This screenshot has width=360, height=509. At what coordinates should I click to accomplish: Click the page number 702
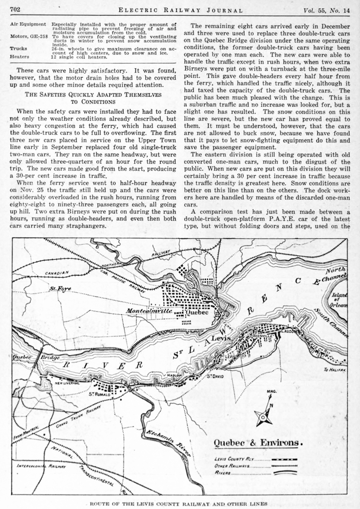(x=14, y=9)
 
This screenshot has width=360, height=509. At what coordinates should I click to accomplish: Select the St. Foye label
(x=60, y=288)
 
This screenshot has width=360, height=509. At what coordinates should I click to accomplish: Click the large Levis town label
(x=220, y=339)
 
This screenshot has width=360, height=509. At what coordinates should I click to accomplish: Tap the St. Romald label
(x=100, y=393)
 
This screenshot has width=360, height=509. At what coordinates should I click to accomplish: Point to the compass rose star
(x=263, y=417)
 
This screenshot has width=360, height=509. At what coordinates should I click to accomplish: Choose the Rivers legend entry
(x=223, y=473)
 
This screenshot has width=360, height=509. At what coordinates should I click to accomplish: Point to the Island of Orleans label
(x=340, y=300)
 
